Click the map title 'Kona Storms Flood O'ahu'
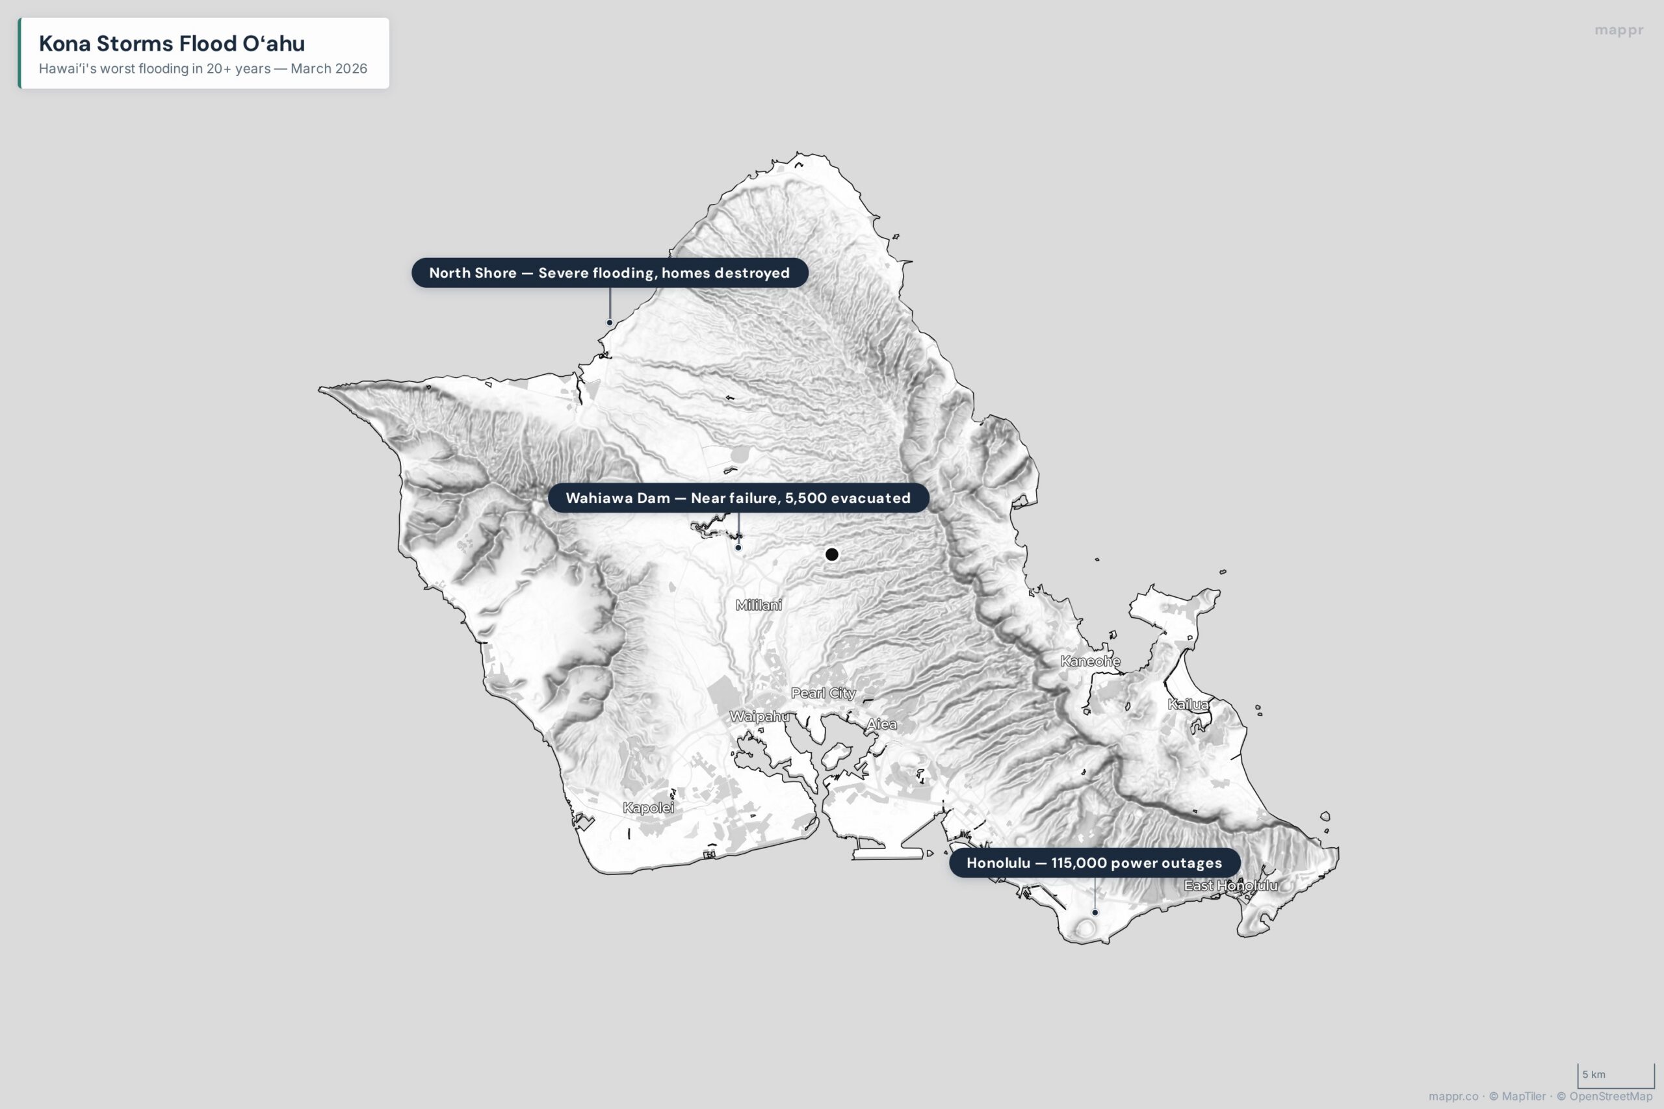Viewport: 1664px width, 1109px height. (172, 43)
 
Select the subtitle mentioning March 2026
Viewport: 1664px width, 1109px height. (203, 69)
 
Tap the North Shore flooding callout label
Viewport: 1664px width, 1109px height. (609, 273)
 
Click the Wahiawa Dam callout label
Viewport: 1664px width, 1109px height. (738, 498)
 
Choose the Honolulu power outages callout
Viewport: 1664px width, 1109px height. (1094, 863)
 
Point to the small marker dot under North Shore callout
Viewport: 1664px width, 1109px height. (610, 322)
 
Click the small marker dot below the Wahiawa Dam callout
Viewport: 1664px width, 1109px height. (738, 548)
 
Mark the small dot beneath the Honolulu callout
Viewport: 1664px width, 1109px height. (1095, 912)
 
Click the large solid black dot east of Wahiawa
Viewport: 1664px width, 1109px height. (832, 555)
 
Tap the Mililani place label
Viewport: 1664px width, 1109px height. (759, 605)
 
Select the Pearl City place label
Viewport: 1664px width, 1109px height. (823, 693)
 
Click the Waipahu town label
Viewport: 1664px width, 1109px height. (759, 717)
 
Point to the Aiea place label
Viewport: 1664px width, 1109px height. (881, 724)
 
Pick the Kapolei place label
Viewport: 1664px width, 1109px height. (648, 808)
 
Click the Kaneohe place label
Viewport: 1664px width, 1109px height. (1089, 661)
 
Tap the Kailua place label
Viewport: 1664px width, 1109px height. (1188, 704)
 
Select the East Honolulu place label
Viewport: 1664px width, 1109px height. (1230, 886)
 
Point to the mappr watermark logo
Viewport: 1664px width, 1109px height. (1618, 31)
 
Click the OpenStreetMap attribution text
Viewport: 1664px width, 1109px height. (1610, 1096)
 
